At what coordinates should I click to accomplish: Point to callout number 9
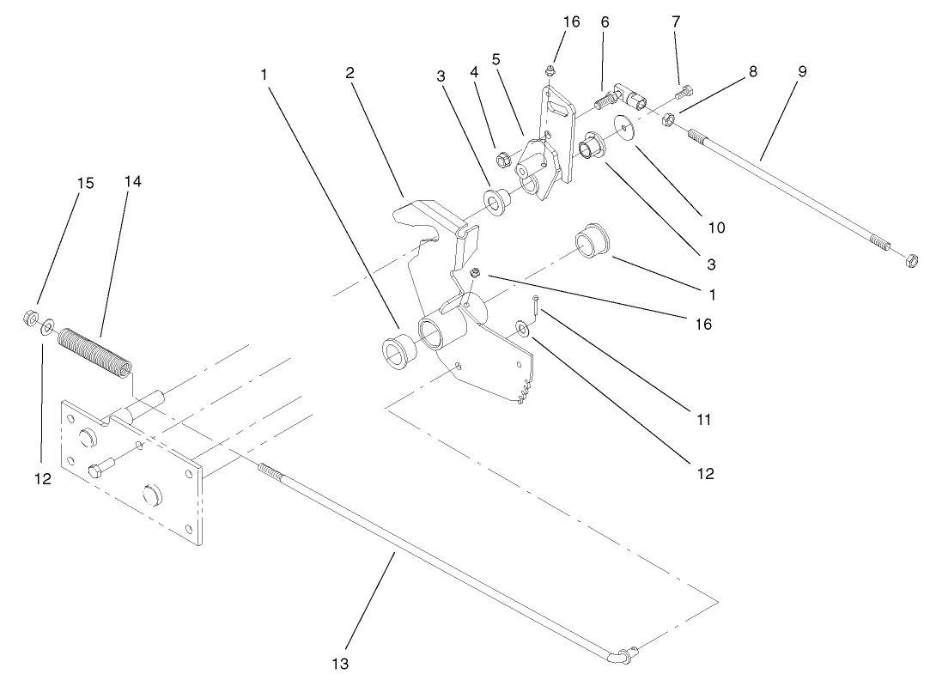(801, 72)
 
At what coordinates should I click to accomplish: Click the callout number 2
(350, 73)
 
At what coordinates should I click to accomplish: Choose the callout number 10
(716, 228)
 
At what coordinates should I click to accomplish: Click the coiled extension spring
(94, 351)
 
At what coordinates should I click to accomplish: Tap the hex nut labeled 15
(28, 319)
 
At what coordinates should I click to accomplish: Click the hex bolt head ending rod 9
(910, 259)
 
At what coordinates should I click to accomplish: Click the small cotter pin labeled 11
(535, 303)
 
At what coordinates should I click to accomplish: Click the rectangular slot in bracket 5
(559, 106)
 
